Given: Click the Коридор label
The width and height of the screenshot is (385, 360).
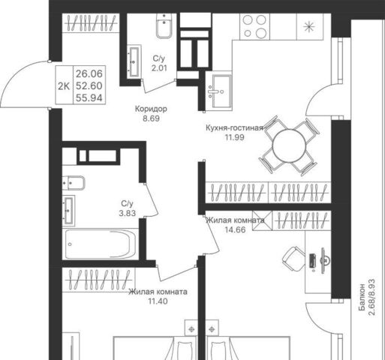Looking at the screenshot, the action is [151, 109].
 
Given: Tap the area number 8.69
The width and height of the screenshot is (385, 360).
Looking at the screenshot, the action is [151, 118].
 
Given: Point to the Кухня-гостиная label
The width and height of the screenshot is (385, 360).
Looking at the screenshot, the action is [234, 127].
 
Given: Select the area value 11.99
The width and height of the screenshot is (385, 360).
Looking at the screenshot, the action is [234, 137].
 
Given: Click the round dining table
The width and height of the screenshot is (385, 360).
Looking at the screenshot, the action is [289, 145].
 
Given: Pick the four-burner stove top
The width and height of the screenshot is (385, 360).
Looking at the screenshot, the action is [254, 26].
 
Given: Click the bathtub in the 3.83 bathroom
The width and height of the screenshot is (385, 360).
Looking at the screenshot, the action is [100, 244].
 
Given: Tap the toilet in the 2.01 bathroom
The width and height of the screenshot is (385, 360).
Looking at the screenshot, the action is [164, 25].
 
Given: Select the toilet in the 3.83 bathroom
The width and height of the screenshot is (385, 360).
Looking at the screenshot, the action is [74, 183].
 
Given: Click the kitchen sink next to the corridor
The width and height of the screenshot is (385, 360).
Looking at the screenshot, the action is [220, 91].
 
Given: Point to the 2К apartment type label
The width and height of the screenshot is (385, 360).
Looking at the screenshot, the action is [64, 86].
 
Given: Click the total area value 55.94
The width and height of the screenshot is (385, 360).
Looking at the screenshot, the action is [89, 98].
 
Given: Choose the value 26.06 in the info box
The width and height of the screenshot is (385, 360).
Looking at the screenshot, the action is [89, 73].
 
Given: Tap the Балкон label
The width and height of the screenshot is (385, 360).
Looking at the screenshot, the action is [362, 297].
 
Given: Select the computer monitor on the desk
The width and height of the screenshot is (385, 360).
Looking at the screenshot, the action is [324, 260].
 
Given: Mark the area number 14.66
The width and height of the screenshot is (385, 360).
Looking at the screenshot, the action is [235, 229].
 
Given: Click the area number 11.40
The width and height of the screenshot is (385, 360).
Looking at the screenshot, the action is [158, 301].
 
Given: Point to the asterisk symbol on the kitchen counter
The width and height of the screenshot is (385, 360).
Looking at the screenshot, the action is [309, 27].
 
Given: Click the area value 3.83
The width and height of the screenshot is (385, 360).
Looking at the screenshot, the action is [127, 213].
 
